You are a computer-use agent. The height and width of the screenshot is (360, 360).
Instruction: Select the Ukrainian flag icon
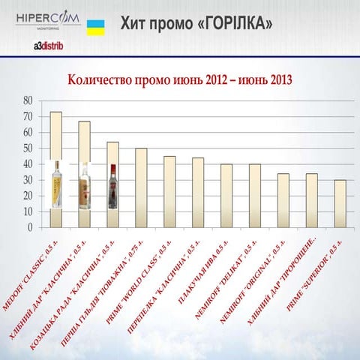[x=95, y=28]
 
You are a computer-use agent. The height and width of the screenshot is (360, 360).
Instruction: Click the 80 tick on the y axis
[x=28, y=100]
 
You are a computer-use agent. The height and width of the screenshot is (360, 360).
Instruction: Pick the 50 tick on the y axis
[x=28, y=148]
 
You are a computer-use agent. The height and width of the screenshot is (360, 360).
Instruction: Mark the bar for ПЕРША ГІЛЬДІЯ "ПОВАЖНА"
[x=141, y=187]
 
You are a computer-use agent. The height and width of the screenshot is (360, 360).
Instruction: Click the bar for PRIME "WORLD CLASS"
[x=169, y=190]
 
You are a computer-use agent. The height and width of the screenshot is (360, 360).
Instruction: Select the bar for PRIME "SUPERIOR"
[x=340, y=202]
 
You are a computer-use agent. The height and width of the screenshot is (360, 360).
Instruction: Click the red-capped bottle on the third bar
[x=112, y=186]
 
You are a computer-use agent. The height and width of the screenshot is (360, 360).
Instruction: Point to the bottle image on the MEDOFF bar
[x=55, y=184]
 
